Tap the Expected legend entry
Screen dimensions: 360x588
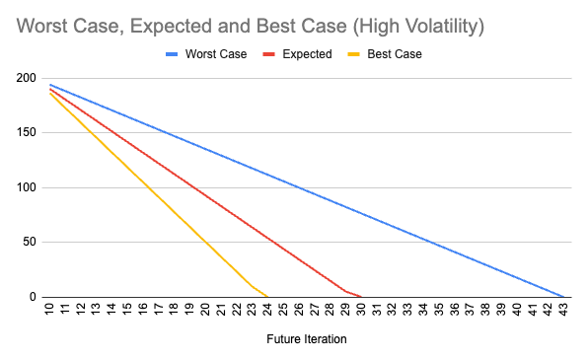(307, 54)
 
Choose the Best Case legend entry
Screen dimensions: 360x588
(394, 54)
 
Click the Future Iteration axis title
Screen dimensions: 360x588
(306, 341)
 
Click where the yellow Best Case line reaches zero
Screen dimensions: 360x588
(266, 297)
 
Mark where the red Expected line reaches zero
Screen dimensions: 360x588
(360, 297)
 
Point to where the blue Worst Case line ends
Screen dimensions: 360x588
(562, 297)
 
